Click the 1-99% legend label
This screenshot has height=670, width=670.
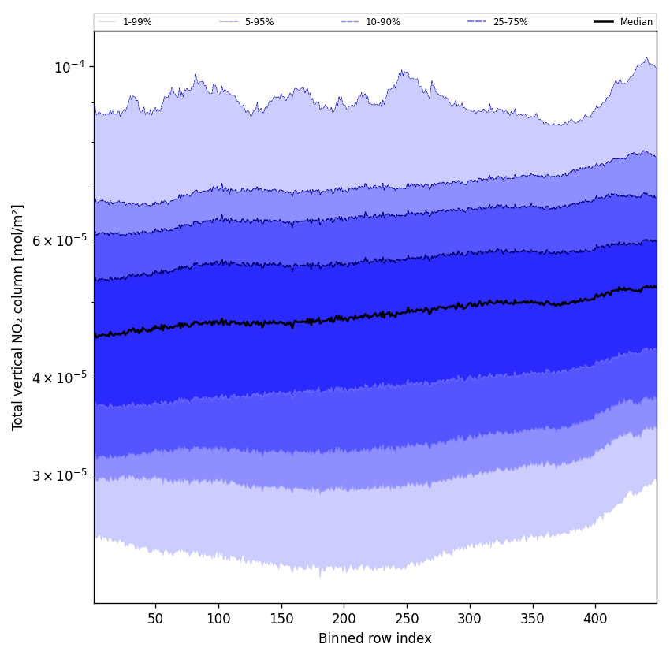click(x=137, y=22)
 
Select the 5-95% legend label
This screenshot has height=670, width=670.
click(x=259, y=22)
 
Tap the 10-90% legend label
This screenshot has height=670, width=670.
click(x=382, y=22)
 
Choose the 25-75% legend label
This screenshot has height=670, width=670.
click(x=510, y=22)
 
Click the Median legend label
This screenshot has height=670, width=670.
click(x=636, y=22)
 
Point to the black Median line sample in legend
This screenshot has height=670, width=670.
click(x=604, y=22)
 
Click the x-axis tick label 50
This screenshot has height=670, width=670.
click(x=155, y=620)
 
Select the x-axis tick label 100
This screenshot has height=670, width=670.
click(x=218, y=620)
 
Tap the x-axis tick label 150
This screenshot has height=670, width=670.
click(x=281, y=620)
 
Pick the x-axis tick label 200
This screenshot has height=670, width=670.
click(x=344, y=620)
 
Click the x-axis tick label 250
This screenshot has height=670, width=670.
click(x=407, y=620)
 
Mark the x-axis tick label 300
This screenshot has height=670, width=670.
click(x=470, y=620)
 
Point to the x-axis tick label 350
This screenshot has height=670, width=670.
click(x=533, y=620)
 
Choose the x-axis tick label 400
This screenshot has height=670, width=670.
click(x=595, y=620)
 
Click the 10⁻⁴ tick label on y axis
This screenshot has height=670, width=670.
click(x=69, y=67)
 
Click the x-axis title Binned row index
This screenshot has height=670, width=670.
click(x=375, y=638)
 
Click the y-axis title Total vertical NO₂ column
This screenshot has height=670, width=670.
click(x=18, y=317)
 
